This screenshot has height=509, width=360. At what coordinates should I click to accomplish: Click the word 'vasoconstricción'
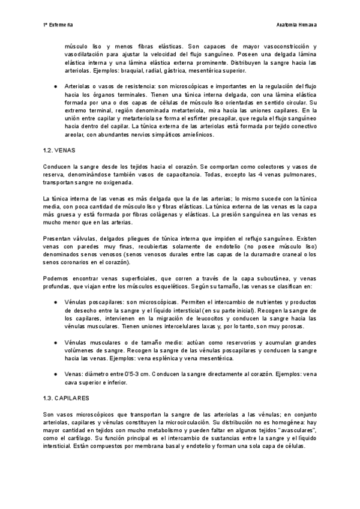pos(284,46)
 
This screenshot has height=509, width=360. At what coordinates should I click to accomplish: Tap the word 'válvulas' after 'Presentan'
pos(84,238)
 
